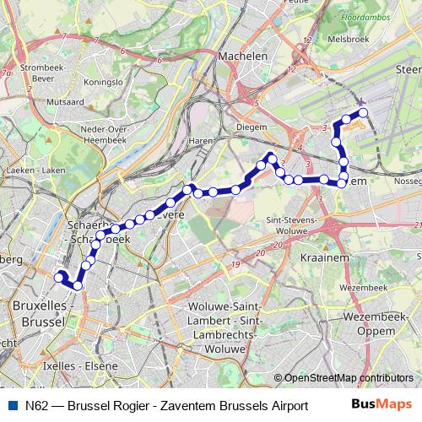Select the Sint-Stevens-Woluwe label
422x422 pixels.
click(x=290, y=223)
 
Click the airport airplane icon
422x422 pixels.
click(x=361, y=101)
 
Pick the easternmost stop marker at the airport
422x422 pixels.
click(x=364, y=112)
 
